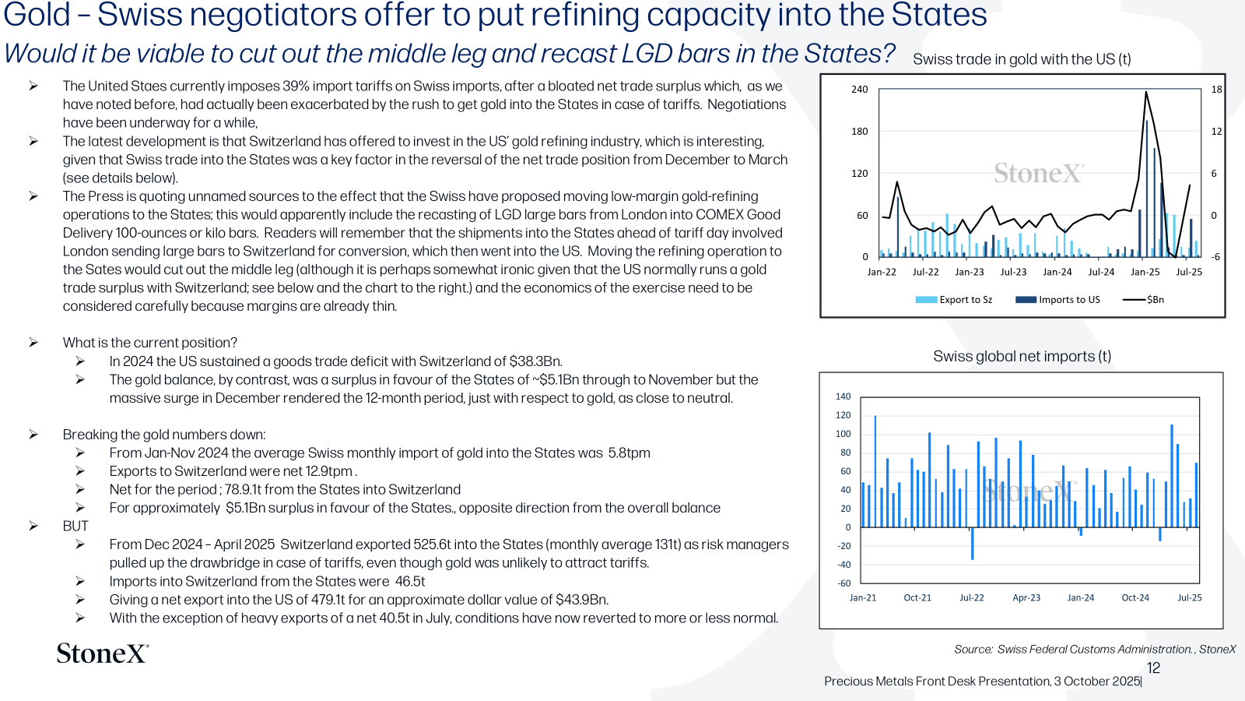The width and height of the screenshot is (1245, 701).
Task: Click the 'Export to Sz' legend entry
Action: (953, 299)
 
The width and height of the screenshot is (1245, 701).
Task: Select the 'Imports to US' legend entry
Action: (1057, 299)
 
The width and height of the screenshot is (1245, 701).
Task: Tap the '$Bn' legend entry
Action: (1143, 299)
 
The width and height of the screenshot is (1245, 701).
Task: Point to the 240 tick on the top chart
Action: (859, 90)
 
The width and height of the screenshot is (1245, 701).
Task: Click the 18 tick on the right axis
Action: (1217, 90)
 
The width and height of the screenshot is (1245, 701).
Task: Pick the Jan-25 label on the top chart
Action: (1145, 272)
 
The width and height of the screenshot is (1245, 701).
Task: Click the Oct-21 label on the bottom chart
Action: (917, 597)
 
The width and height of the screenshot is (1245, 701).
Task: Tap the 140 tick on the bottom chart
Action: (843, 396)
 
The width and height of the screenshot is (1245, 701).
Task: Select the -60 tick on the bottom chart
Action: (844, 583)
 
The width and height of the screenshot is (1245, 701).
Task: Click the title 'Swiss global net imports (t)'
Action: (1022, 356)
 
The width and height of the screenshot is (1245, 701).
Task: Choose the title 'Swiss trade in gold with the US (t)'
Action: (1022, 59)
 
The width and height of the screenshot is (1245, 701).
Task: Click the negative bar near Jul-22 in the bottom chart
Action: (972, 544)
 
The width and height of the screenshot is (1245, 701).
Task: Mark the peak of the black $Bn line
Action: (1146, 93)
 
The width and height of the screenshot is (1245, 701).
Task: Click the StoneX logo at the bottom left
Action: (103, 653)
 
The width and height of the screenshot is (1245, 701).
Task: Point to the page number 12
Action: (1153, 668)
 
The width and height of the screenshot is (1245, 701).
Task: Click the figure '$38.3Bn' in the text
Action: (535, 361)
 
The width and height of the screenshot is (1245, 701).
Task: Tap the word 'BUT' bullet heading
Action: (75, 527)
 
